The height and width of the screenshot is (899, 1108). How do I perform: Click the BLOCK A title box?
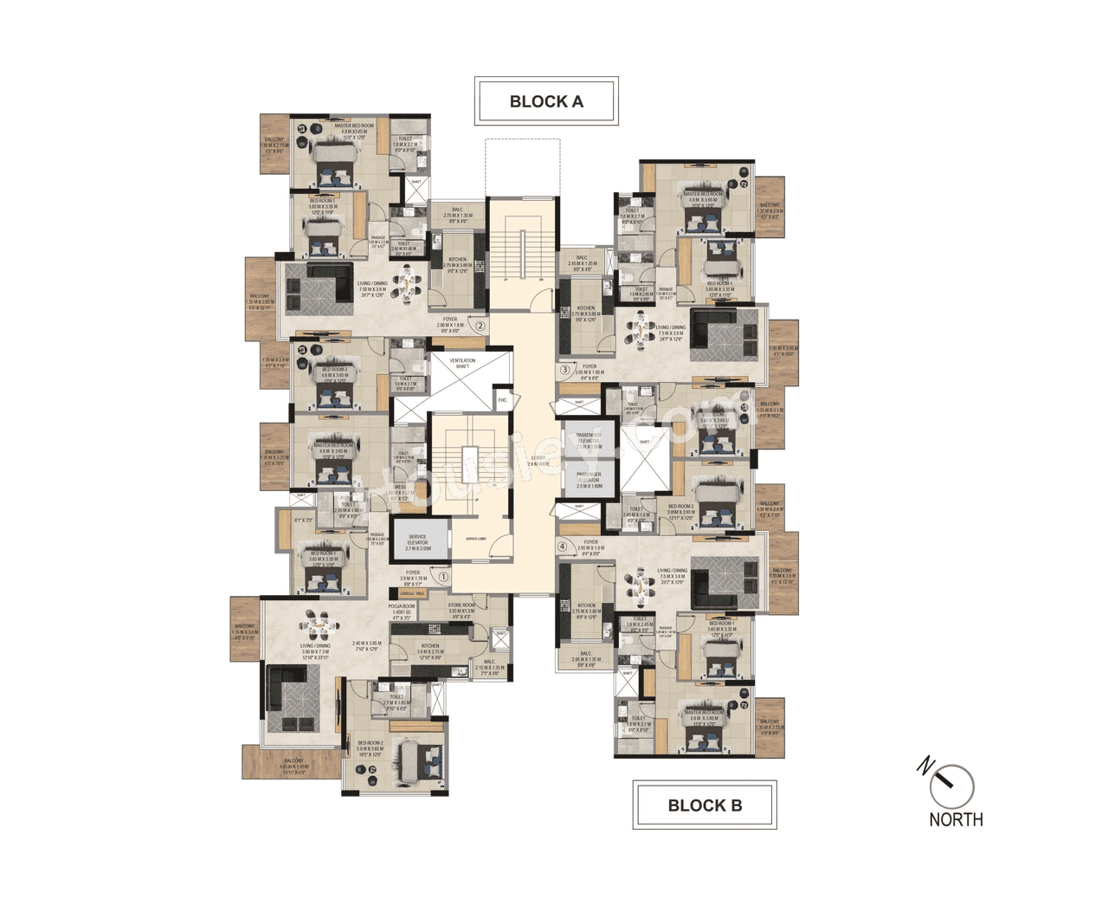pyautogui.click(x=546, y=101)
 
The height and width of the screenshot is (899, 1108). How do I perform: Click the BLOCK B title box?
pyautogui.click(x=705, y=805)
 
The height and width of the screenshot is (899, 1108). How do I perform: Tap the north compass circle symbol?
pyautogui.click(x=952, y=786)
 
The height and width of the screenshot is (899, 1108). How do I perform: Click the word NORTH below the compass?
pyautogui.click(x=956, y=819)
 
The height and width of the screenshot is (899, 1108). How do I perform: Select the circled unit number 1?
pyautogui.click(x=444, y=576)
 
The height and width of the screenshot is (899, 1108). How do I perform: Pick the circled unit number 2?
pyautogui.click(x=480, y=327)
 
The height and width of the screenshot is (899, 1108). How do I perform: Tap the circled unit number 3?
pyautogui.click(x=565, y=370)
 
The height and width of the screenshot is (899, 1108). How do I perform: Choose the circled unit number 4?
pyautogui.click(x=563, y=547)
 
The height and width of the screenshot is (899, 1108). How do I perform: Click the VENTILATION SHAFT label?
pyautogui.click(x=462, y=364)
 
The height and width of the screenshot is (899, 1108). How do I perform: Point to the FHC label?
pyautogui.click(x=502, y=400)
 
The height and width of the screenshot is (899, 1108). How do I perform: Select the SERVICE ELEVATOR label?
pyautogui.click(x=417, y=542)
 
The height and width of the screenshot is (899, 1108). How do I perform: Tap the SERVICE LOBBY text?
pyautogui.click(x=476, y=539)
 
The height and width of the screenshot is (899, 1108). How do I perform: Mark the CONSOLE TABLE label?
pyautogui.click(x=413, y=594)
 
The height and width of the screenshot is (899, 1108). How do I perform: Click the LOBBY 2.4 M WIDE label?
pyautogui.click(x=538, y=461)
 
